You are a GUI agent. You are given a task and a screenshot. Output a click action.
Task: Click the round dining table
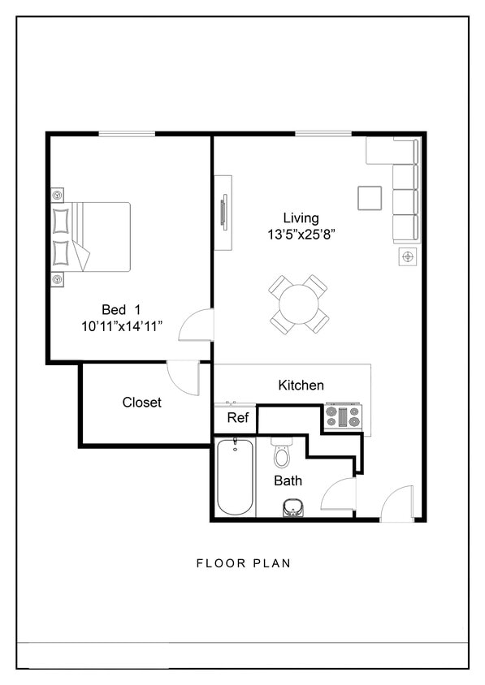pos(299,304)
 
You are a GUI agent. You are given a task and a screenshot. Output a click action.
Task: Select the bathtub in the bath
pos(235,476)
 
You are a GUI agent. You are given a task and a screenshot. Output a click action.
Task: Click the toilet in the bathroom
pos(282,454)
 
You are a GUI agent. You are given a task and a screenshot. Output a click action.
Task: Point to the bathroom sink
pos(293,508)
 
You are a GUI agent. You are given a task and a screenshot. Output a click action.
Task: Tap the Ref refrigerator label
pos(237,418)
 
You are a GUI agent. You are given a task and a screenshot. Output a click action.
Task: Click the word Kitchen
pos(301,386)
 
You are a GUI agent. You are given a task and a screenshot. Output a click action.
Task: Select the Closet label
pos(142,403)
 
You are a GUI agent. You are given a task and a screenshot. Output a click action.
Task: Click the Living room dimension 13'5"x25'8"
pos(301,235)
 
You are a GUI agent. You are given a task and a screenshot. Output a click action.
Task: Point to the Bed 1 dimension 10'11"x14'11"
pos(122,326)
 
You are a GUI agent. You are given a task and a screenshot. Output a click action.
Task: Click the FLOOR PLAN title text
pos(243,562)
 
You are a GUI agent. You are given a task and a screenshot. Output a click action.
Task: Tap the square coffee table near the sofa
pos(370,198)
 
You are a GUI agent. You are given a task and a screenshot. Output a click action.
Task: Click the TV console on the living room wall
pos(223,213)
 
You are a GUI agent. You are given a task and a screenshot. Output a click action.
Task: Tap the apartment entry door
pos(398,503)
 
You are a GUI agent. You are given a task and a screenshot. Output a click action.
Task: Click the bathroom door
pos(340,494)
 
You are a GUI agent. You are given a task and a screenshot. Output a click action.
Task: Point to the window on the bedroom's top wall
pos(127,134)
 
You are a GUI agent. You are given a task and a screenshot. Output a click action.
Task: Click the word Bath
pos(288,480)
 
